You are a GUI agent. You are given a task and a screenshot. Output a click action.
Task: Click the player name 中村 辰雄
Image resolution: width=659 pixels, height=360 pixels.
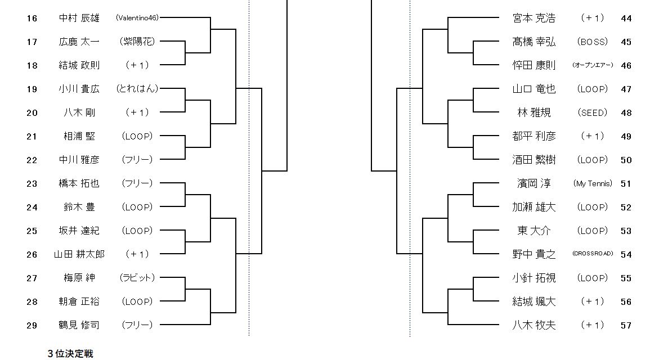pyautogui.click(x=79, y=18)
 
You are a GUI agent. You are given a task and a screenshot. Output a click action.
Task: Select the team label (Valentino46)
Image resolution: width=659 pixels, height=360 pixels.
pyautogui.click(x=137, y=18)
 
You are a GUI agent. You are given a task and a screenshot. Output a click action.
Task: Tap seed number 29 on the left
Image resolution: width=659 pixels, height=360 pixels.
pyautogui.click(x=32, y=325)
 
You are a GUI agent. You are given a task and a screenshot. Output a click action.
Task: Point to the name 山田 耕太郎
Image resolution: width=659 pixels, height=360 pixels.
pyautogui.click(x=79, y=254)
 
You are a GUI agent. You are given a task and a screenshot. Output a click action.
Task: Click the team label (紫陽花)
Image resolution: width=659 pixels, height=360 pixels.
pyautogui.click(x=137, y=42)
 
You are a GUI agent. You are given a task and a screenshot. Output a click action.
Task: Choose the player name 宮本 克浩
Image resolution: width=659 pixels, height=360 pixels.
pyautogui.click(x=534, y=18)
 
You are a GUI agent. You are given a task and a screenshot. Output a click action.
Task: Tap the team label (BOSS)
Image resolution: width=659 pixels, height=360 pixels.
pyautogui.click(x=593, y=42)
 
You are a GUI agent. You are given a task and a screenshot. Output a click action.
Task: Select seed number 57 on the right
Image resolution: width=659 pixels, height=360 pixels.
pyautogui.click(x=626, y=325)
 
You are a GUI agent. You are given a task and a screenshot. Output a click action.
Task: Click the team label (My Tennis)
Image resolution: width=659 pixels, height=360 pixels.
pyautogui.click(x=593, y=183)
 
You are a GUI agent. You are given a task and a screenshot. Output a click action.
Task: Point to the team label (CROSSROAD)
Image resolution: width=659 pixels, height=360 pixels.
pyautogui.click(x=593, y=254)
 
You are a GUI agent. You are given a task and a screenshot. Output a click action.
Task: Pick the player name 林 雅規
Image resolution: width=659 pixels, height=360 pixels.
pyautogui.click(x=534, y=112)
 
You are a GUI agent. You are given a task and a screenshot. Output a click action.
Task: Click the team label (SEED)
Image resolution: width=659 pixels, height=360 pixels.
pyautogui.click(x=593, y=112)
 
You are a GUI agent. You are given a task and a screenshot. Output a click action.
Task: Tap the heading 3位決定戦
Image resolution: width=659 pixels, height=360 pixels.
pyautogui.click(x=70, y=354)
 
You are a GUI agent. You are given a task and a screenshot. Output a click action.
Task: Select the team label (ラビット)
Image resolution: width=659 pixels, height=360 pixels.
pyautogui.click(x=137, y=278)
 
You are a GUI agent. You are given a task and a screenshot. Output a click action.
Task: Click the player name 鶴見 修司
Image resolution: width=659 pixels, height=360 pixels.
pyautogui.click(x=79, y=325)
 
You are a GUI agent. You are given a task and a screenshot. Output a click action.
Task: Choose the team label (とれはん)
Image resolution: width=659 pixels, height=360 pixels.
pyautogui.click(x=137, y=89)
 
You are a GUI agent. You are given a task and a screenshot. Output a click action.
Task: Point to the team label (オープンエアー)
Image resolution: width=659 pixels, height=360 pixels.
pyautogui.click(x=593, y=65)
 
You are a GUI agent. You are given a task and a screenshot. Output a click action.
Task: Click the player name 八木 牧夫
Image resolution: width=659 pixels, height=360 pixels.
pyautogui.click(x=534, y=325)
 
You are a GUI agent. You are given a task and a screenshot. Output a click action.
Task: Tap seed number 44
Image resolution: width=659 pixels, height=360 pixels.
pyautogui.click(x=626, y=18)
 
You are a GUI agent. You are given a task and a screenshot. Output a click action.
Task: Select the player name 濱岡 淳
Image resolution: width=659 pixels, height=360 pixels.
pyautogui.click(x=534, y=183)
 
